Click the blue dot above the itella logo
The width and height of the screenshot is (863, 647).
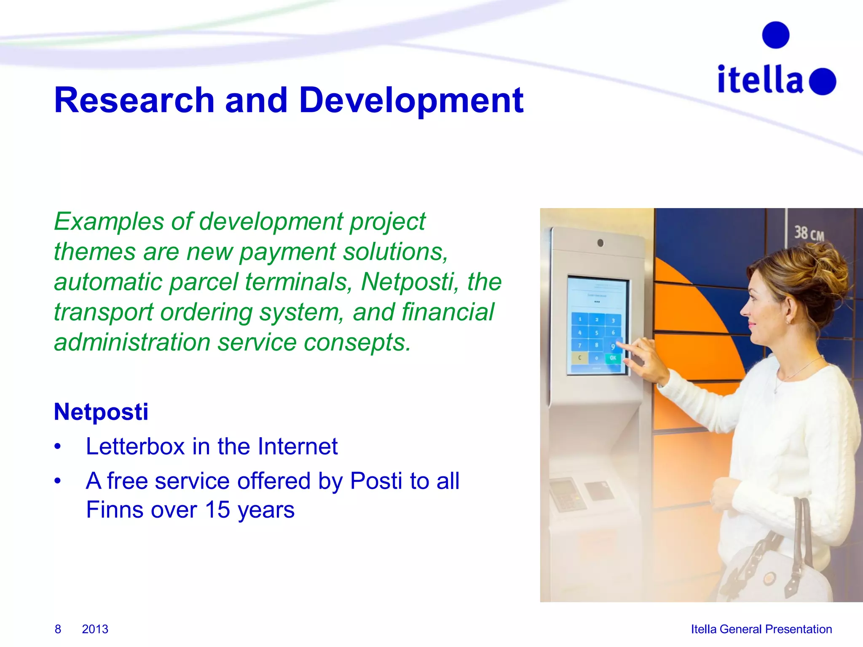[x=775, y=35]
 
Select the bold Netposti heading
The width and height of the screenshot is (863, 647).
[x=101, y=412]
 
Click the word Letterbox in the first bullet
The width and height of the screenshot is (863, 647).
[x=135, y=446]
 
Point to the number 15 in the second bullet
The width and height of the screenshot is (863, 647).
[x=217, y=510]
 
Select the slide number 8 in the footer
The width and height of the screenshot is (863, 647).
[x=58, y=629]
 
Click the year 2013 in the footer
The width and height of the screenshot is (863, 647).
[x=95, y=629]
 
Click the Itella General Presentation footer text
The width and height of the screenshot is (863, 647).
[x=761, y=629]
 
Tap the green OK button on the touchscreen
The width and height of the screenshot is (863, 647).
[x=613, y=358]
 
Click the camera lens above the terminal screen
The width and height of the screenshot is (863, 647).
[x=600, y=243]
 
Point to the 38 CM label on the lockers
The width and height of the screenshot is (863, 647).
[x=809, y=233]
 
